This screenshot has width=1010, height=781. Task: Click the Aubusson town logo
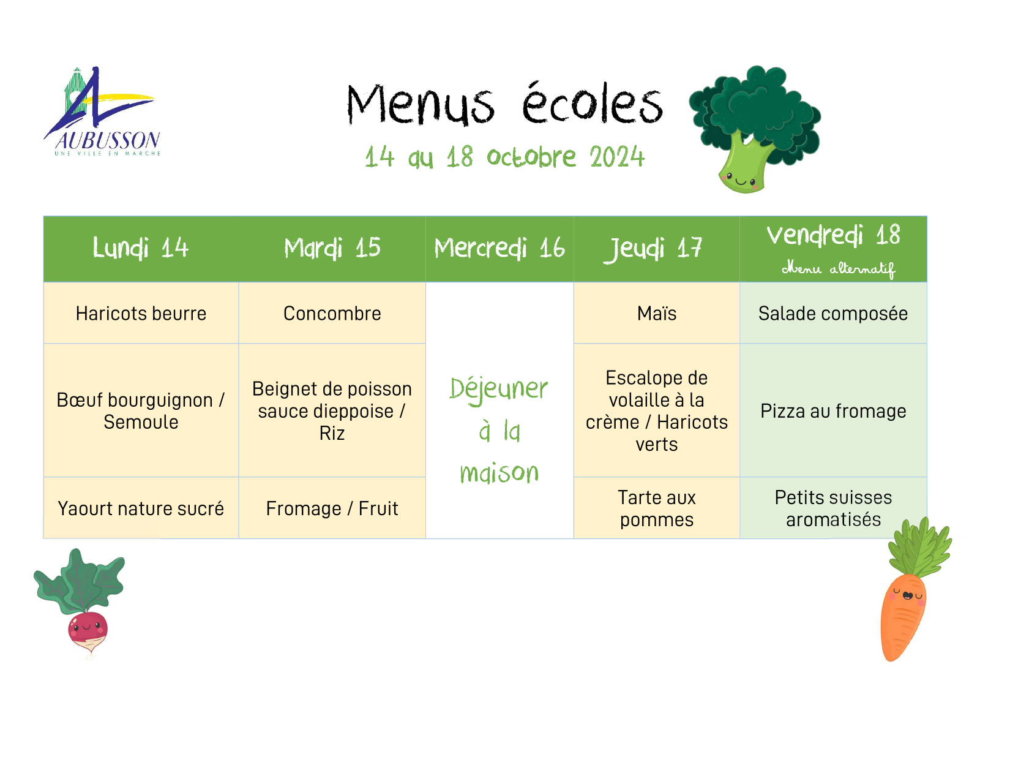point(103,111)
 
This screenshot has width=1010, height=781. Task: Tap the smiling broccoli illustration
point(754,129)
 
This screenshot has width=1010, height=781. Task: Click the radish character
point(80,603)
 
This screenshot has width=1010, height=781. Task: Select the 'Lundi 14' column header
point(140,247)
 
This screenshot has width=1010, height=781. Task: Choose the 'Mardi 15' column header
point(332,247)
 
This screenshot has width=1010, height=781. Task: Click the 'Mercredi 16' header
point(499,247)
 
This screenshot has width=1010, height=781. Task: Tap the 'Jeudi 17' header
point(653,249)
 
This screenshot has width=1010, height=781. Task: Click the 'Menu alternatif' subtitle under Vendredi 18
point(839,269)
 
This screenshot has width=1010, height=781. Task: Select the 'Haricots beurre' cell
point(141,314)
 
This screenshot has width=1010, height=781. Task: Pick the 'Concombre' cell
point(332,314)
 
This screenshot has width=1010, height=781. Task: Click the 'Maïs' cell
point(657,314)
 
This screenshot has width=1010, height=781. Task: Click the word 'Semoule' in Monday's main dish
point(141,423)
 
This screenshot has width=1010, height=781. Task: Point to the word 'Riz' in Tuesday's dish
point(332,434)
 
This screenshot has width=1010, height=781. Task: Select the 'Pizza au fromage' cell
point(833,411)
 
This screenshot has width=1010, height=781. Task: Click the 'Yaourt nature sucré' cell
point(141,508)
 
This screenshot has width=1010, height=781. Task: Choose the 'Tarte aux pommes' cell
point(657,508)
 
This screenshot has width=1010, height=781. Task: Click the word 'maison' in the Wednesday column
point(499,474)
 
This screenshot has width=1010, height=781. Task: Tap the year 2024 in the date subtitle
point(617,157)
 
